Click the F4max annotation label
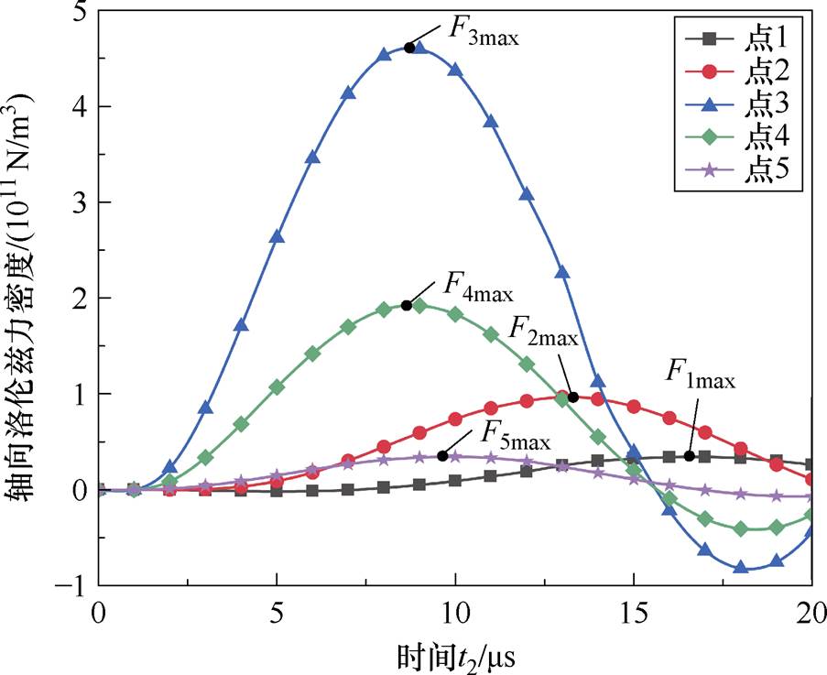point(478,288)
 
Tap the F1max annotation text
point(701,376)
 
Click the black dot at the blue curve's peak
point(409,48)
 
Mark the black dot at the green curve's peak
point(406,305)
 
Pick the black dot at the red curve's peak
point(573,397)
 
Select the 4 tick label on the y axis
point(80,107)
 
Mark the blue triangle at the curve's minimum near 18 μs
point(741,567)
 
